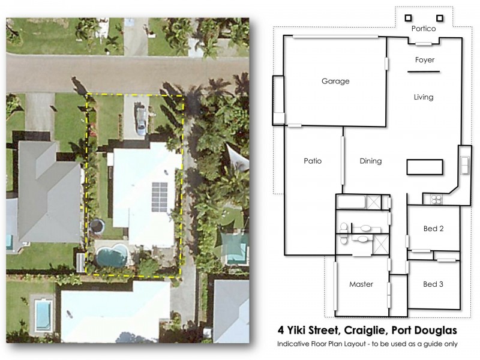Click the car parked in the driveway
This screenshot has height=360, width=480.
tap(140, 118)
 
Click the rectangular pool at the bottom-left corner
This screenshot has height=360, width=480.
tap(43, 315)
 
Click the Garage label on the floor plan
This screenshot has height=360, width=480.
tap(335, 81)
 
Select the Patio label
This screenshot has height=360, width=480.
tap(313, 161)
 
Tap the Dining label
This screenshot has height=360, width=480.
tap(370, 161)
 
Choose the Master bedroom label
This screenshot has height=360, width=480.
tap(361, 284)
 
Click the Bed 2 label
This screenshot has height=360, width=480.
tap(433, 229)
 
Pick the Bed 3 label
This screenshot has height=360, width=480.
tap(433, 284)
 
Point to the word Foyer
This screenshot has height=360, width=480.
tap(425, 60)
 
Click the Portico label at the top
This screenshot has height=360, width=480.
tap(423, 28)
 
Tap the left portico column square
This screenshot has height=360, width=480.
tap(408, 18)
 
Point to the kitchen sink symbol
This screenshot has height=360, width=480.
tap(465, 164)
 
